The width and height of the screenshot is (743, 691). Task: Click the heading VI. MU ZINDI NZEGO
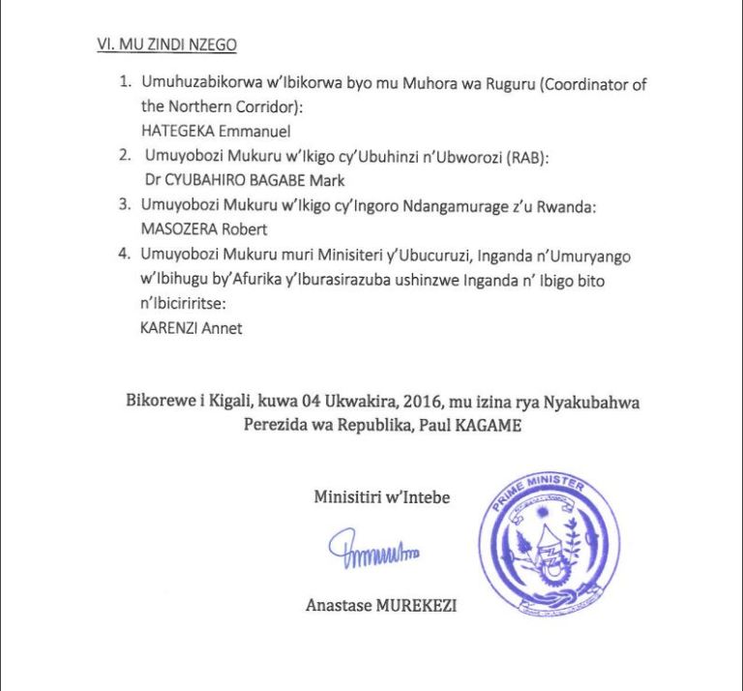tap(166, 45)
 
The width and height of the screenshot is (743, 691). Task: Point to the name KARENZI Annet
tap(192, 328)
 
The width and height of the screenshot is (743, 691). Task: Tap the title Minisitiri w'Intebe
tap(381, 498)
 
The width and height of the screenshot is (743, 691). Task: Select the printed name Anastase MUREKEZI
tap(381, 607)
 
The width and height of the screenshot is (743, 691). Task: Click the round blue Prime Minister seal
tap(550, 550)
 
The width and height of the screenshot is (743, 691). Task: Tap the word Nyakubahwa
tap(587, 402)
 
